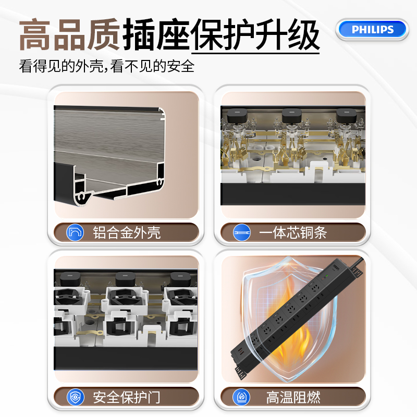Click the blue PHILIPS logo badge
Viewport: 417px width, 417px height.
372,30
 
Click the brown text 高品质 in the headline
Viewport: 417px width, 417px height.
70,34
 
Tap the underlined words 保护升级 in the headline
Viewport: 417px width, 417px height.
255,34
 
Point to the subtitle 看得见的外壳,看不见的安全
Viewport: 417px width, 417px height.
107,66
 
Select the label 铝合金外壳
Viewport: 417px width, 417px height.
127,232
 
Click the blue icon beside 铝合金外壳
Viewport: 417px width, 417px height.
75,232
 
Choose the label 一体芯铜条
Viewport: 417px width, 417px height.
293,232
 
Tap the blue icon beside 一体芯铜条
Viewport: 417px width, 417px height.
242,232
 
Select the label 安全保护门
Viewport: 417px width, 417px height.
127,397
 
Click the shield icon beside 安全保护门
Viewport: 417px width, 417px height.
76,397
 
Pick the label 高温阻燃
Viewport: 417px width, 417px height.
293,397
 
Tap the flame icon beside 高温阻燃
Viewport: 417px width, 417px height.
241,397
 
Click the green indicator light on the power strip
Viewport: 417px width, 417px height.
327,276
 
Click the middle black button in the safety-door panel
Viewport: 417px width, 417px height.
125,279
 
